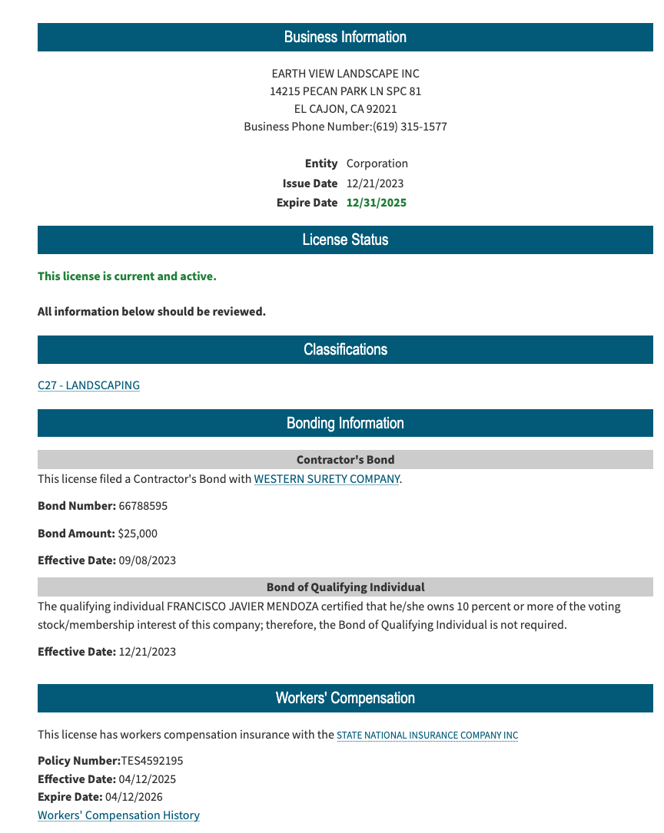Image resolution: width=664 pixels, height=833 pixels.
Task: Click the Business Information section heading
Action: pyautogui.click(x=345, y=37)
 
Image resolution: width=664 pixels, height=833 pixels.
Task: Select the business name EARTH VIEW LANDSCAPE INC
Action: pyautogui.click(x=345, y=74)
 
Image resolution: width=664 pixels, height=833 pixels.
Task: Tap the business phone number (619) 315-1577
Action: pyautogui.click(x=410, y=127)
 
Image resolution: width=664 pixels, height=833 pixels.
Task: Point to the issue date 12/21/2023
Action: pyautogui.click(x=375, y=183)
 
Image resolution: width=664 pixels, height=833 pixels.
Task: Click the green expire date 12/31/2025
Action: pyautogui.click(x=377, y=203)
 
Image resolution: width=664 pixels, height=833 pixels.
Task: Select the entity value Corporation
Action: pyautogui.click(x=377, y=164)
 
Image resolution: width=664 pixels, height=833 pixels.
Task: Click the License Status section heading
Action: pyautogui.click(x=345, y=240)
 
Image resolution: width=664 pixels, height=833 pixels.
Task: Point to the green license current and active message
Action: pyautogui.click(x=127, y=276)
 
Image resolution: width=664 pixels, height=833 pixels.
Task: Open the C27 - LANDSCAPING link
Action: pyautogui.click(x=88, y=385)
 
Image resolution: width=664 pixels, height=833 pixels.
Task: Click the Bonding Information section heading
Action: pyautogui.click(x=345, y=423)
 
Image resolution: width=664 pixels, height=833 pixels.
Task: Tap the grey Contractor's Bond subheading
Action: pyautogui.click(x=345, y=460)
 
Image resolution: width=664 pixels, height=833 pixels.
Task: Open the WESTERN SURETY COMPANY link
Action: pyautogui.click(x=327, y=479)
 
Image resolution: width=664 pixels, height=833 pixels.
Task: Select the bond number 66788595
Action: pyautogui.click(x=143, y=507)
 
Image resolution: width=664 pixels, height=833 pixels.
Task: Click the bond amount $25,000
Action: pyautogui.click(x=138, y=534)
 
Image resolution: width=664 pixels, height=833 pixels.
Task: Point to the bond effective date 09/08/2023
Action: pyautogui.click(x=148, y=560)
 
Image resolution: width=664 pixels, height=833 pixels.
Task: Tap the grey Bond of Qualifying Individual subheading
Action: pyautogui.click(x=345, y=587)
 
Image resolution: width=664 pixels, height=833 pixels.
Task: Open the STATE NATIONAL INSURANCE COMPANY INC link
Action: pyautogui.click(x=427, y=735)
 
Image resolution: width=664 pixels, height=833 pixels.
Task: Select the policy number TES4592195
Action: pyautogui.click(x=152, y=761)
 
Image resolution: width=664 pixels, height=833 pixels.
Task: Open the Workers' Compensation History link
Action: pyautogui.click(x=118, y=815)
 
